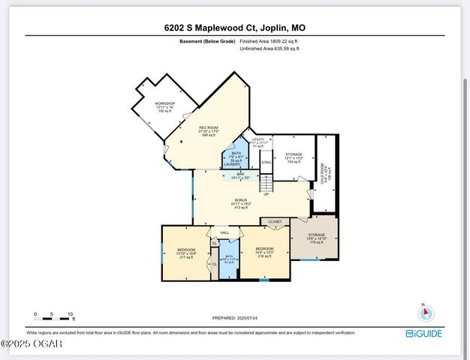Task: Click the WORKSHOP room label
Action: [x=164, y=103]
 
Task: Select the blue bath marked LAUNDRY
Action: [x=237, y=157]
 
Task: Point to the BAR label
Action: [x=240, y=174]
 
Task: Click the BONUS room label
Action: [x=240, y=200]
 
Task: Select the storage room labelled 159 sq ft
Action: [x=293, y=157]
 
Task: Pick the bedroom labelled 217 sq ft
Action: [x=185, y=253]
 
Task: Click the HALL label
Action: [x=224, y=232]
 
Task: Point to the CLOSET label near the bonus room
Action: [x=275, y=222]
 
